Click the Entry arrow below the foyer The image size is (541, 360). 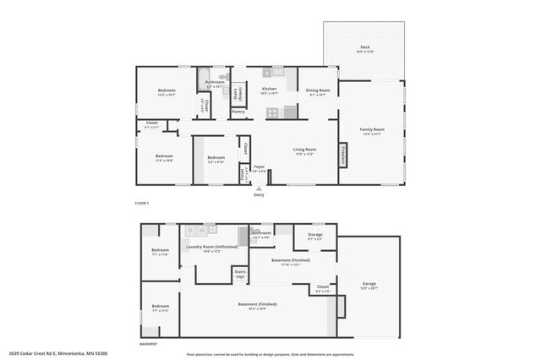[259, 188]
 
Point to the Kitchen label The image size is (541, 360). [269, 90]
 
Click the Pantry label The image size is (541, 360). [238, 111]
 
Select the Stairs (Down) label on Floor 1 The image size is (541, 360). [239, 92]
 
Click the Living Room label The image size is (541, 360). [303, 151]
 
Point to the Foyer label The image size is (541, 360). [259, 168]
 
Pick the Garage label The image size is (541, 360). [369, 286]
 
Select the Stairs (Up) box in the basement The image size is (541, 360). [240, 275]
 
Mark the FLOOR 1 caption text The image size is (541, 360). [142, 204]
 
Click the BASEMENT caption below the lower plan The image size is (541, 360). [149, 344]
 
